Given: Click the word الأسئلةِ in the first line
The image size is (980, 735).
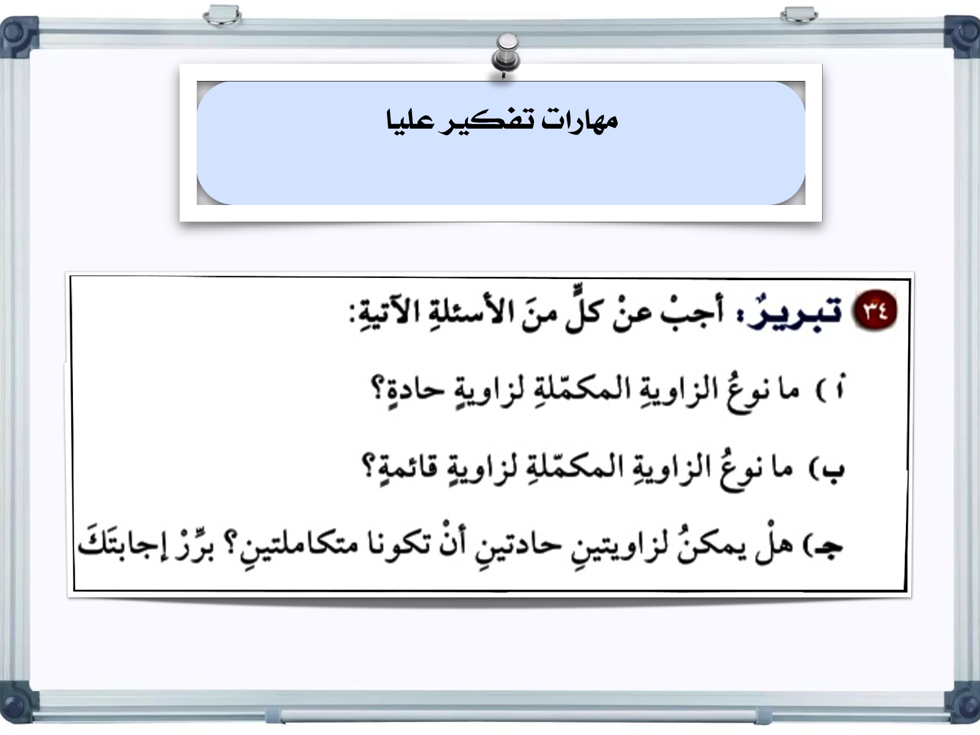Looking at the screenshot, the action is [469, 315].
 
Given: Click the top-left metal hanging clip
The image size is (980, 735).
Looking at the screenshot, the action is [222, 15].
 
